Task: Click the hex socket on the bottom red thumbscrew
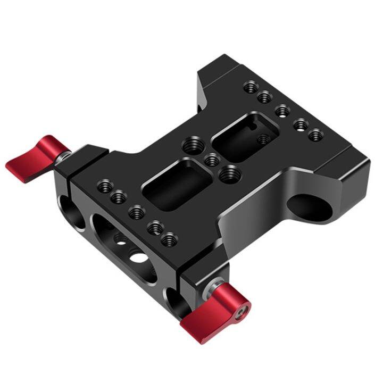tap(243, 307)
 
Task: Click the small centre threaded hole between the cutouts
tap(211, 159)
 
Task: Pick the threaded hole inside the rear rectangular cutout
tap(263, 139)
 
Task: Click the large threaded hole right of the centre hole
tap(230, 173)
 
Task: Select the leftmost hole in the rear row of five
tap(251, 86)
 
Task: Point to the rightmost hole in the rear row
tap(316, 135)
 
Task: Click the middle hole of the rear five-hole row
tap(282, 111)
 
